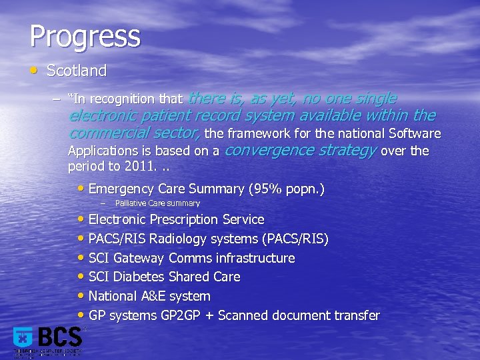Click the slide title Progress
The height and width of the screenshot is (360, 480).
(85, 37)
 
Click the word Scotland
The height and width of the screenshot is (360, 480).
(77, 71)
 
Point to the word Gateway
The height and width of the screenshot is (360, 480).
(139, 258)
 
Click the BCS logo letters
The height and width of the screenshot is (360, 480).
(60, 337)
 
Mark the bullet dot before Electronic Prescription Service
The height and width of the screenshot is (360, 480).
(82, 219)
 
